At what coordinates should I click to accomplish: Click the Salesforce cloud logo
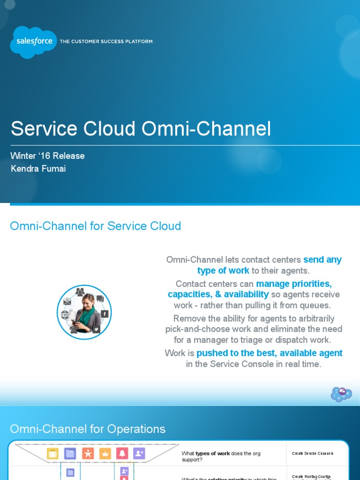pyautogui.click(x=33, y=42)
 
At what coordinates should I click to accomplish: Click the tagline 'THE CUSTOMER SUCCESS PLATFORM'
pyautogui.click(x=106, y=42)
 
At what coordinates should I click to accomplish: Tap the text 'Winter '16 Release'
pyautogui.click(x=47, y=156)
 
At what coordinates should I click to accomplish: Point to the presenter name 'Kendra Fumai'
pyautogui.click(x=38, y=169)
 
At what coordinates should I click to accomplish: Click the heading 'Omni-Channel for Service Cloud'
pyautogui.click(x=95, y=226)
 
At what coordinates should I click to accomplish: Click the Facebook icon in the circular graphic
pyautogui.click(x=105, y=314)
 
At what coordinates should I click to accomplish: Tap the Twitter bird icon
pyautogui.click(x=97, y=329)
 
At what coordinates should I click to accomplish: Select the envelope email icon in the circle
pyautogui.click(x=67, y=301)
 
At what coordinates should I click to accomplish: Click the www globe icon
pyautogui.click(x=65, y=315)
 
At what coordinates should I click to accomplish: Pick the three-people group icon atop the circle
pyautogui.click(x=80, y=292)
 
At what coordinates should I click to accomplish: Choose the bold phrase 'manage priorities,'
pyautogui.click(x=294, y=284)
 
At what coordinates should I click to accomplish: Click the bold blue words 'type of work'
pyautogui.click(x=223, y=271)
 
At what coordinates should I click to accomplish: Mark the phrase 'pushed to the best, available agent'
pyautogui.click(x=270, y=353)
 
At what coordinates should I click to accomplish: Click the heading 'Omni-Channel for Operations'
pyautogui.click(x=88, y=429)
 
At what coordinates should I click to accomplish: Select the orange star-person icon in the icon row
pyautogui.click(x=88, y=453)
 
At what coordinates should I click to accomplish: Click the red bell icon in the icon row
pyautogui.click(x=122, y=453)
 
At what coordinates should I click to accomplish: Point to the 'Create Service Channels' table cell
pyautogui.click(x=313, y=453)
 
